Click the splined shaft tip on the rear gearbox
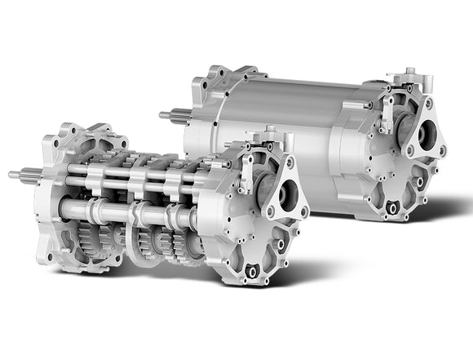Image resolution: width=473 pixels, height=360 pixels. (174, 115)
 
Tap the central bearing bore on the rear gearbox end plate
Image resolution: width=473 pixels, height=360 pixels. (427, 135)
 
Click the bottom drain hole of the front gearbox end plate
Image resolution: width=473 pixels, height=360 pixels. (253, 271)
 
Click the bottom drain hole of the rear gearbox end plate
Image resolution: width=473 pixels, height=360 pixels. (393, 209)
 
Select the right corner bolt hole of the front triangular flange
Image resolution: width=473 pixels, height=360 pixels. (304, 212)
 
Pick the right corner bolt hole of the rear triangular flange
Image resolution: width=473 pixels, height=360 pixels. (443, 151)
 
